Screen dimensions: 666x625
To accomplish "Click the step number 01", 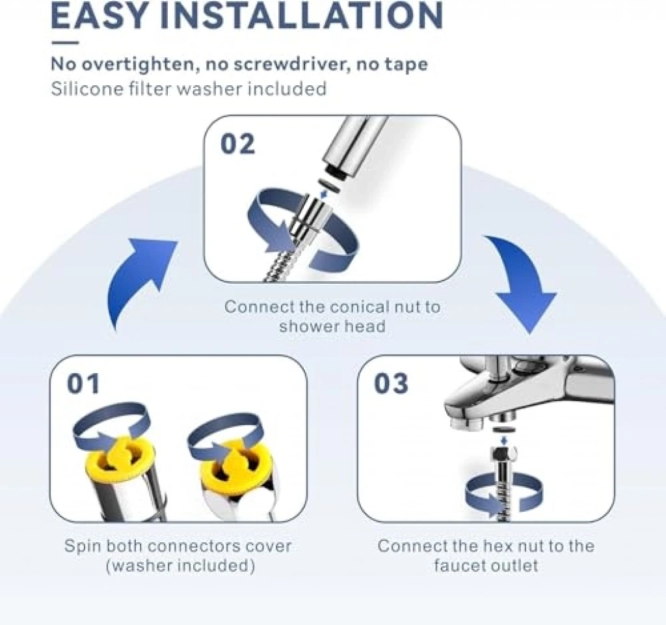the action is coord(83,383).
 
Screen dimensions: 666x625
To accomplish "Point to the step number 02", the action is coord(238,144).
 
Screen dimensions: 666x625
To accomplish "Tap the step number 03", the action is coord(391,383).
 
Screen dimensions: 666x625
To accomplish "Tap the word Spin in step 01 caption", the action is coord(83,547).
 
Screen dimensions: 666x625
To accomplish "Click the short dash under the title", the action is coord(65,42).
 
